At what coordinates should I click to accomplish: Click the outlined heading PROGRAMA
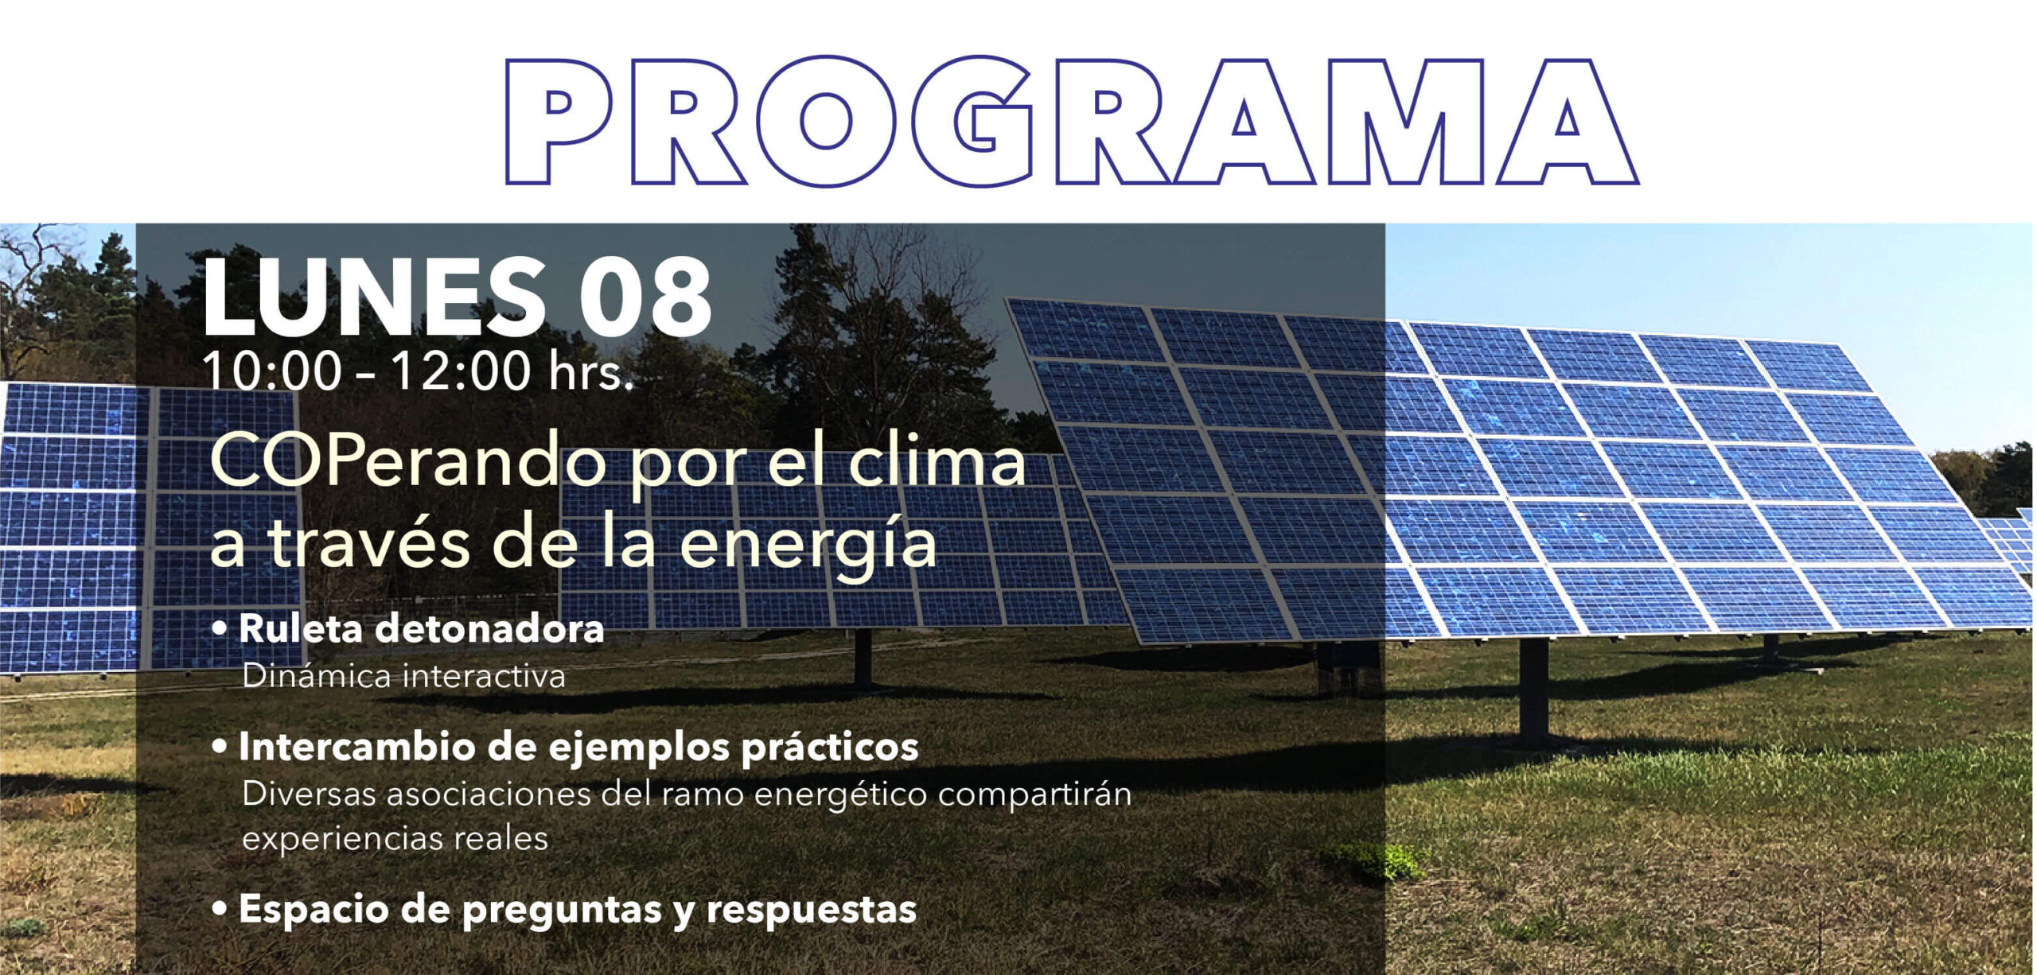click(x=1072, y=121)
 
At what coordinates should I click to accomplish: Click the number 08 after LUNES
click(x=645, y=298)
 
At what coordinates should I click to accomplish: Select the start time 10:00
click(x=273, y=371)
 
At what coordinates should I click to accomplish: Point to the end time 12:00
click(x=461, y=371)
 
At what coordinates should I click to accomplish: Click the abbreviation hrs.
click(x=590, y=371)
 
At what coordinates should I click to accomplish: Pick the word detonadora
click(x=489, y=628)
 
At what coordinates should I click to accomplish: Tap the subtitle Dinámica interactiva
click(x=403, y=677)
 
